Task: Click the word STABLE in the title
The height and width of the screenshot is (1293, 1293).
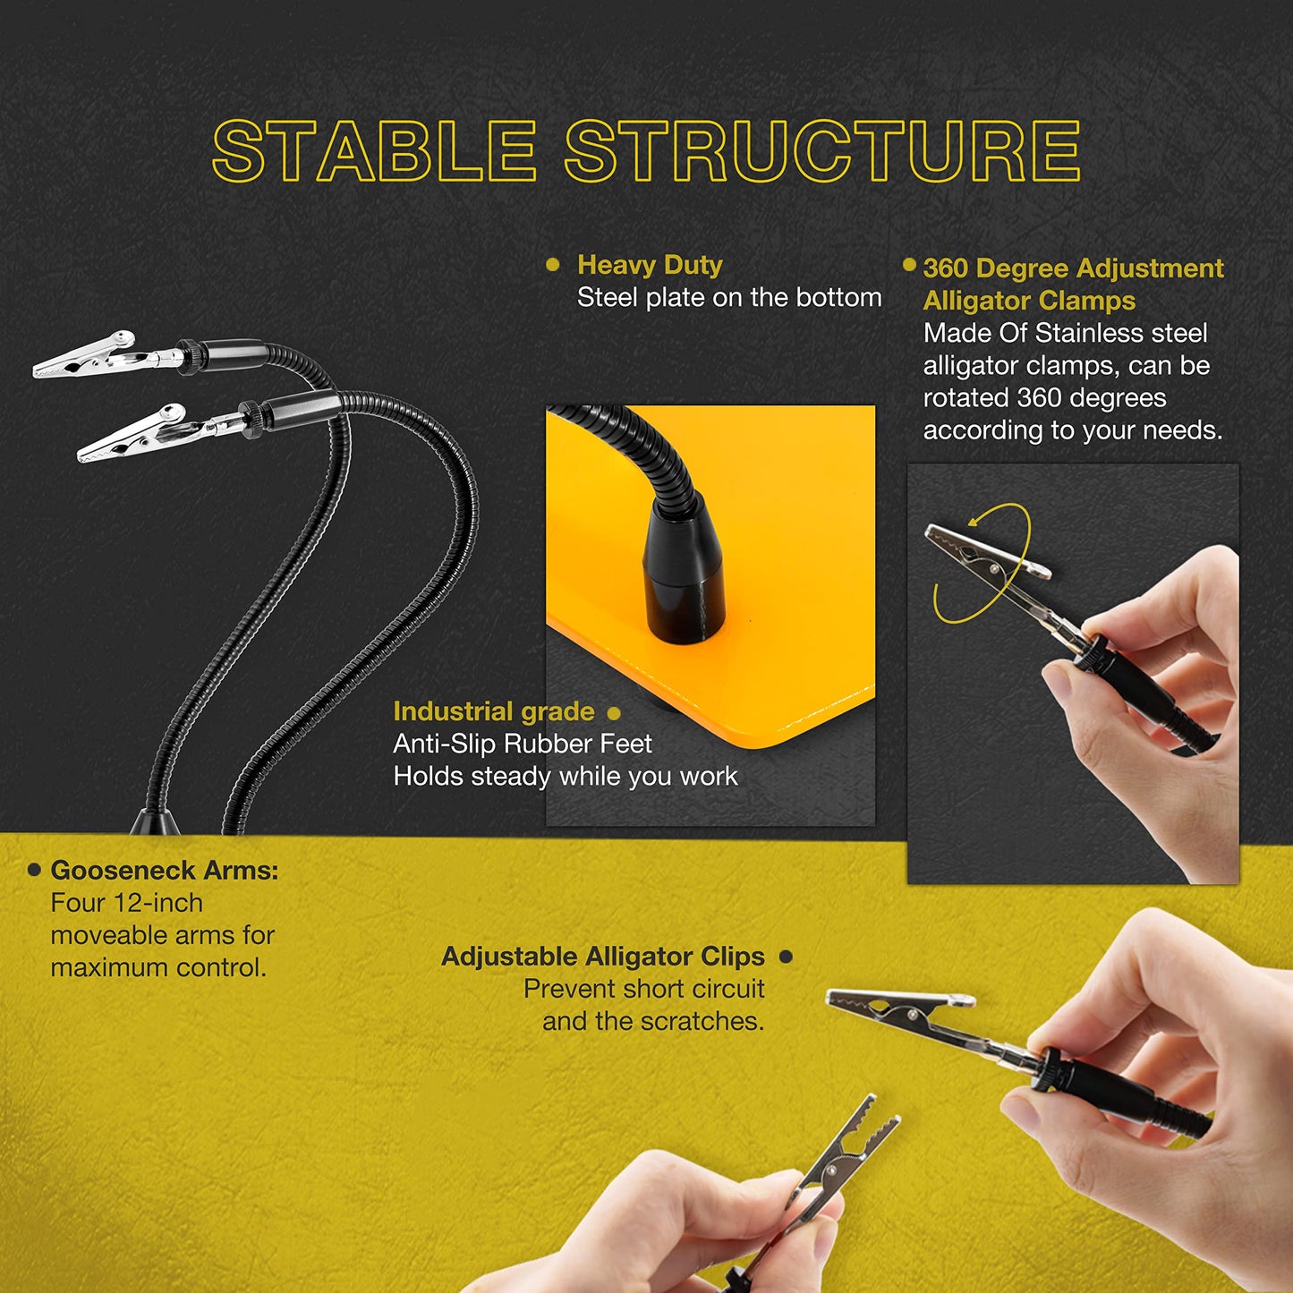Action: pyautogui.click(x=374, y=150)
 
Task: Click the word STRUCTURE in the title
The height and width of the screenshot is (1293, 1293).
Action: pyautogui.click(x=822, y=150)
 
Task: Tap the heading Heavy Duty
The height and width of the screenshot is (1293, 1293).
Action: pyautogui.click(x=650, y=264)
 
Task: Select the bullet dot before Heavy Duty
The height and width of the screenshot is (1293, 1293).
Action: pyautogui.click(x=553, y=264)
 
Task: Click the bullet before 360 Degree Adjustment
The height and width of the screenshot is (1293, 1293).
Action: pyautogui.click(x=909, y=264)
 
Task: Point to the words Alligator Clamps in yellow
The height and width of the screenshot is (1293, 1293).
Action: pyautogui.click(x=1029, y=300)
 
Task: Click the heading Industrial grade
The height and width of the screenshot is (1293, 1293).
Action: pyautogui.click(x=494, y=711)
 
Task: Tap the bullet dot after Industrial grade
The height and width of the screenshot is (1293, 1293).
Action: pyautogui.click(x=613, y=712)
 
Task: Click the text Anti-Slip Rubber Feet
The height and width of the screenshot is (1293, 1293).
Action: pyautogui.click(x=522, y=744)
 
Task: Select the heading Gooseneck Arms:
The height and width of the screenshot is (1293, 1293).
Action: pyautogui.click(x=165, y=871)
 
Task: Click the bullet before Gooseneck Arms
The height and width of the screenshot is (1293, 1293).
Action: pyautogui.click(x=34, y=871)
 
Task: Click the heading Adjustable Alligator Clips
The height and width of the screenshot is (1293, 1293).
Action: pyautogui.click(x=602, y=957)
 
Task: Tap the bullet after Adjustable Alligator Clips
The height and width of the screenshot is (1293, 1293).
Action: pyautogui.click(x=787, y=957)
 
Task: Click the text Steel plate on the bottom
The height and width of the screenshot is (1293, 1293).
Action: pyautogui.click(x=729, y=297)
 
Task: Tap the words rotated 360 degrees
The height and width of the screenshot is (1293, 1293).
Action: pyautogui.click(x=1045, y=398)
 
